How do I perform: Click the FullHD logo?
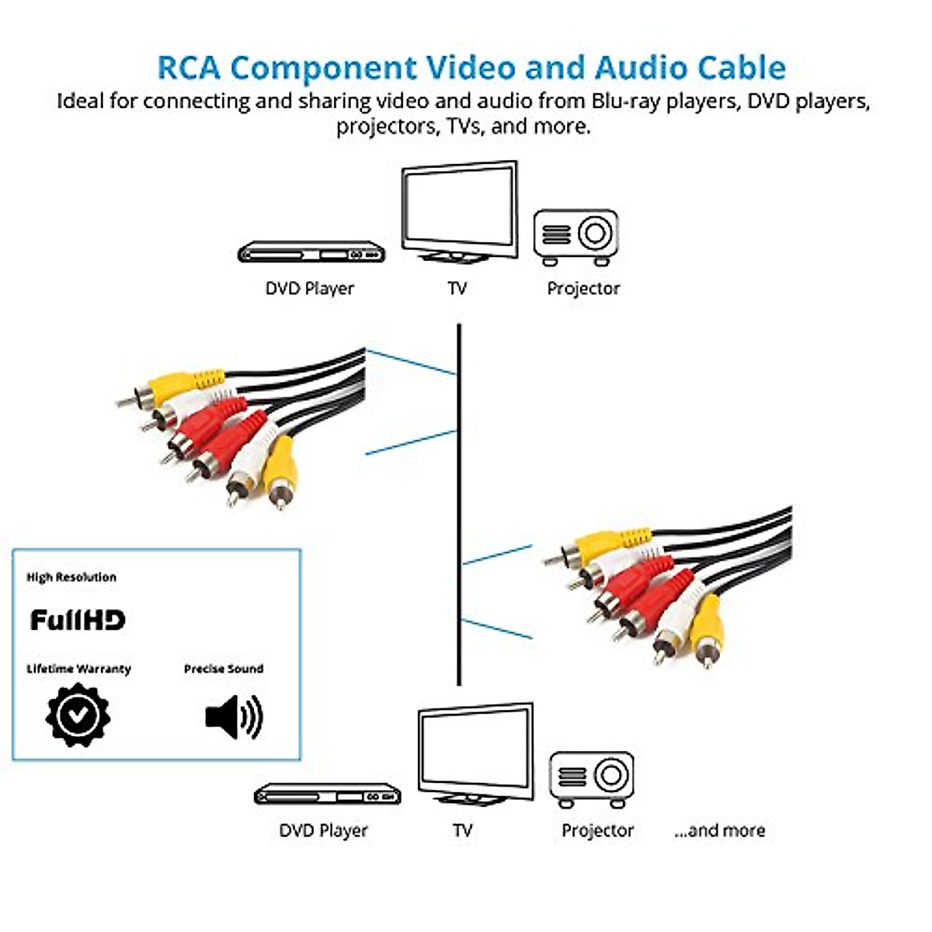77,620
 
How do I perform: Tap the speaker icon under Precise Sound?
234,716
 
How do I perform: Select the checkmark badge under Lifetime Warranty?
78,715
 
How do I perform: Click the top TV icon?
459,212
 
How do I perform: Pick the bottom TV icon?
475,753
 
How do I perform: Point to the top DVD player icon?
311,252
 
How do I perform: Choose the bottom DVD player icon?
327,794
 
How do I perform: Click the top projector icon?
576,237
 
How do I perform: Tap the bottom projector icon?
592,779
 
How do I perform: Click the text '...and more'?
719,830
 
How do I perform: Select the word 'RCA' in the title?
189,68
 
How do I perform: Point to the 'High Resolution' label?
71,577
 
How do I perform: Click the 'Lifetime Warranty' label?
78,669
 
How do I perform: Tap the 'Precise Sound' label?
224,669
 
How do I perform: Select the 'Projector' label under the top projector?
583,288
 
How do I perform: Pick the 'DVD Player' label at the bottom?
323,830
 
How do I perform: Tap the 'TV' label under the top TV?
457,288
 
